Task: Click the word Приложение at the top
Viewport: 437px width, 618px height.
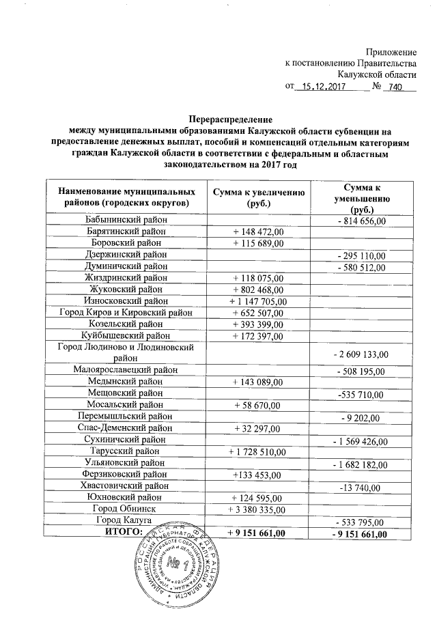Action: click(391, 52)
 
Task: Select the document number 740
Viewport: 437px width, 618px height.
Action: click(396, 87)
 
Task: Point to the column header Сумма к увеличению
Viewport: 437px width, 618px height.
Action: click(258, 197)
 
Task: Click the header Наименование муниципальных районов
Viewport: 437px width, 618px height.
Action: click(122, 197)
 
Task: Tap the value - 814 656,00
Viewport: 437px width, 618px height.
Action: click(361, 221)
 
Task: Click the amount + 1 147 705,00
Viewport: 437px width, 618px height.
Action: click(258, 301)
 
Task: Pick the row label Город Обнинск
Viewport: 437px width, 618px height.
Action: click(125, 509)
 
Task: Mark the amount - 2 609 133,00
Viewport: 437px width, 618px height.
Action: click(361, 354)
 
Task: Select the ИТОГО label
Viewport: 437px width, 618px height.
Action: click(123, 531)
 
